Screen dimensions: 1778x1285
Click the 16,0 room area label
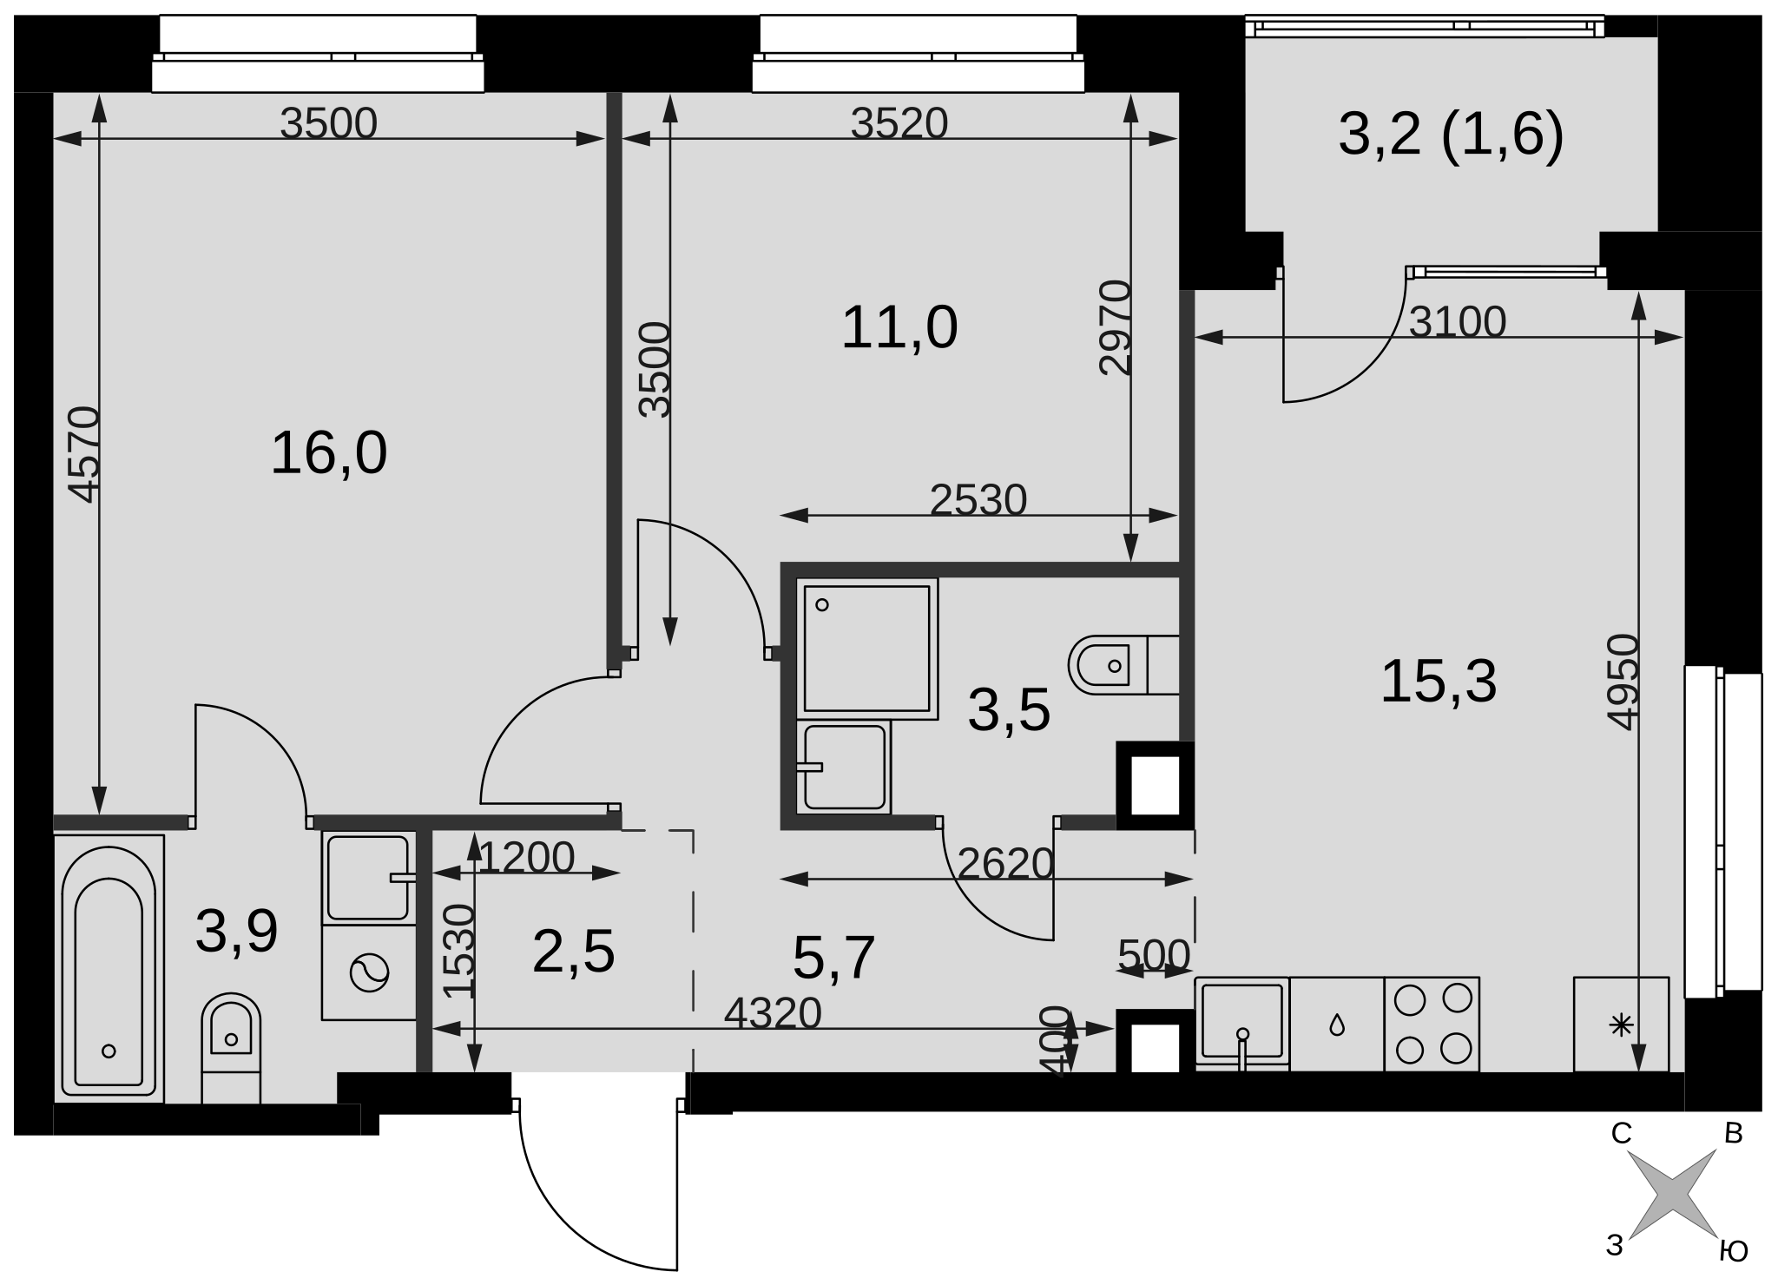(328, 453)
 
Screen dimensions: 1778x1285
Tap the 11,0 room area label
(899, 328)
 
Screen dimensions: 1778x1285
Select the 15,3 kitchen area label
(1439, 682)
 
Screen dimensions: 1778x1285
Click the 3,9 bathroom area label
(236, 931)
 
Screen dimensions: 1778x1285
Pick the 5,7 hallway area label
(833, 958)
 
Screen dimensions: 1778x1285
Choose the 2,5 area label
(573, 952)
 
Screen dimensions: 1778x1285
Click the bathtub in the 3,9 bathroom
(109, 969)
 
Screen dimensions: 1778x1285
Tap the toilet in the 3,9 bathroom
(231, 1048)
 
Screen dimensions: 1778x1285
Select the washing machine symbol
(369, 972)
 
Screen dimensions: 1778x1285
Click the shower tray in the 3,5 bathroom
(867, 649)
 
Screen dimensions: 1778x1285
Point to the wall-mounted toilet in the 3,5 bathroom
(1124, 665)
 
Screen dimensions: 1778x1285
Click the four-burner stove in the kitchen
(1432, 1025)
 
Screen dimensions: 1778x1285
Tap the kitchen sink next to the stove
(1242, 1025)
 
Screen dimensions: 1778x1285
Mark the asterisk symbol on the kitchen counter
(1620, 1025)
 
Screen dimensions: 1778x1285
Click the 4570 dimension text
(84, 454)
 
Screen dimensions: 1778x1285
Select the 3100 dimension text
(1457, 322)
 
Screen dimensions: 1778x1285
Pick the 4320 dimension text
(773, 1012)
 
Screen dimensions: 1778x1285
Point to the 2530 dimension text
(978, 500)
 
